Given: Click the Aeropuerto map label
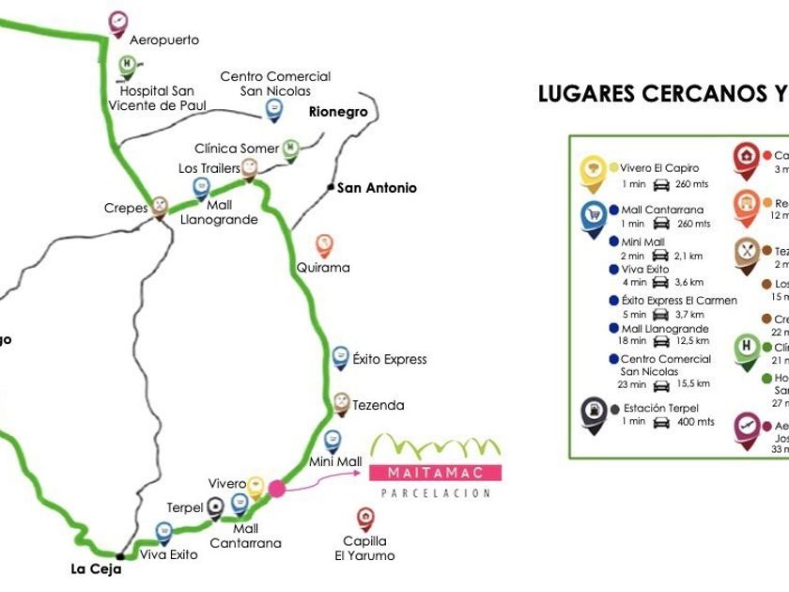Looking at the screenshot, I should (164, 40).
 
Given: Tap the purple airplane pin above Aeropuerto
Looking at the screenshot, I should (117, 22).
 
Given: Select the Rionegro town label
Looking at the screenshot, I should (338, 112).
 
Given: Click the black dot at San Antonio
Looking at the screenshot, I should (331, 188).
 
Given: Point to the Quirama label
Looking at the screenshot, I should (323, 268).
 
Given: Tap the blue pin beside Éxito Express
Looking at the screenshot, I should (340, 357).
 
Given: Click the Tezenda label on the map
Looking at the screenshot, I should (378, 406).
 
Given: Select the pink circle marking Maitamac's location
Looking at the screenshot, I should (277, 488).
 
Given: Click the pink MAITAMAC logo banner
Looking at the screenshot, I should (436, 472).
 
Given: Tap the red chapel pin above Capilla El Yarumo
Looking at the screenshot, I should (365, 517).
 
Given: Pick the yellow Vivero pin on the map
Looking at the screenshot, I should (255, 485).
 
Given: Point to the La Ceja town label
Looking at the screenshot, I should (97, 569).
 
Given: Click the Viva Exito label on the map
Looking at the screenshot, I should (169, 554).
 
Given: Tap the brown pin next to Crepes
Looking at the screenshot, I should (160, 206).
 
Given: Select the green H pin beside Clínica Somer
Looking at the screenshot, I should (291, 148).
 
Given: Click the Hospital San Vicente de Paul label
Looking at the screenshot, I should (157, 99).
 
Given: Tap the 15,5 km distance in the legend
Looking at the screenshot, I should (692, 384).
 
